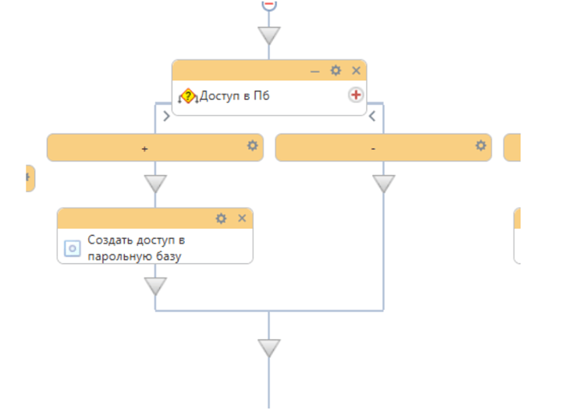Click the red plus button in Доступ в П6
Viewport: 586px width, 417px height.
tap(356, 95)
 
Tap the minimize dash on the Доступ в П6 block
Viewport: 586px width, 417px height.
tap(315, 71)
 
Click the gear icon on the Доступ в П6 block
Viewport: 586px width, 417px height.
tap(336, 71)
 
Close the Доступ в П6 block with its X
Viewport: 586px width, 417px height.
tap(357, 71)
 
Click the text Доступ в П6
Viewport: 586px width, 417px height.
tap(235, 96)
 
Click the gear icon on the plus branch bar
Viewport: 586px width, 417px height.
tap(253, 146)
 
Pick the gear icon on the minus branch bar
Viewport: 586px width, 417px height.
tap(481, 146)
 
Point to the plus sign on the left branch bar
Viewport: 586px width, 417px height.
tap(145, 148)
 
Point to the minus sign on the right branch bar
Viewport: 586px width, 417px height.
tap(374, 148)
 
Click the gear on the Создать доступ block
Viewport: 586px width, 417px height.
tap(222, 218)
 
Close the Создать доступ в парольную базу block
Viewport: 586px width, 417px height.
tap(242, 218)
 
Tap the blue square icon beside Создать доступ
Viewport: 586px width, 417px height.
tap(72, 248)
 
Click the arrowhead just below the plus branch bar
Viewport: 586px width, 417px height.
tap(155, 184)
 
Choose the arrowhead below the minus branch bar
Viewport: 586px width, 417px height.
tap(383, 184)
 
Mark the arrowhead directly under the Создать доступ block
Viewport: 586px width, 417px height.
tap(155, 286)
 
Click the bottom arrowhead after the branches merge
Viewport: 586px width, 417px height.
tap(269, 347)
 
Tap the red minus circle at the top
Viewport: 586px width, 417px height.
tap(269, 4)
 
